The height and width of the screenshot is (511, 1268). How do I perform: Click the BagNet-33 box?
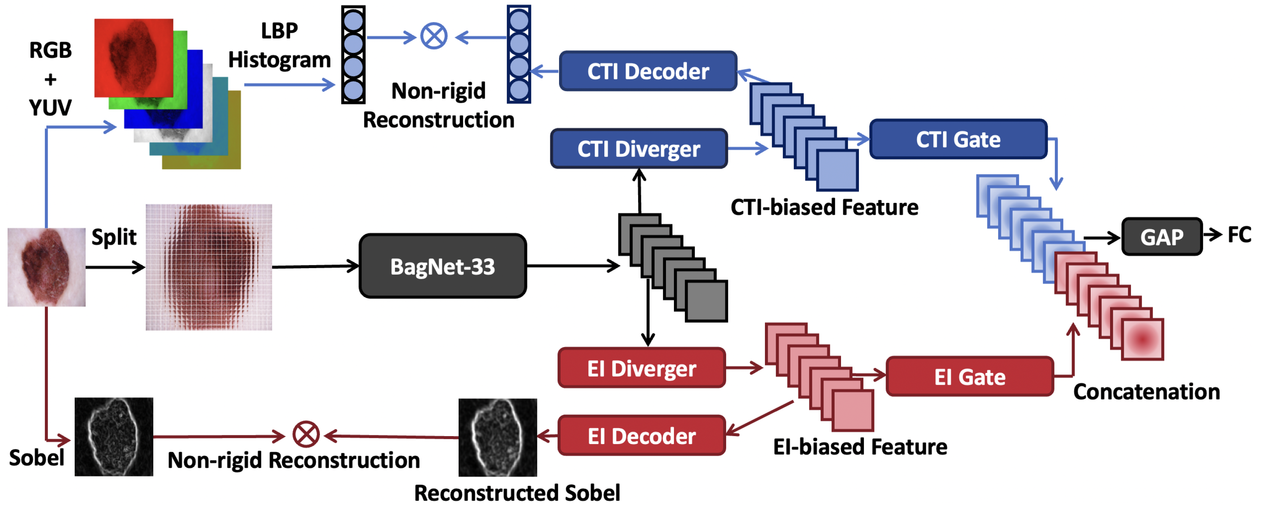[x=443, y=266]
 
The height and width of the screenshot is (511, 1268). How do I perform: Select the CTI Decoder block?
[x=648, y=71]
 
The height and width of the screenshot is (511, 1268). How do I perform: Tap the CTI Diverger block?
[x=639, y=149]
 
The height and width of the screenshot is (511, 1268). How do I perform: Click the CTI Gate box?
[x=958, y=139]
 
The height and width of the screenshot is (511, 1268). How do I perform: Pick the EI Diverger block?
[x=641, y=368]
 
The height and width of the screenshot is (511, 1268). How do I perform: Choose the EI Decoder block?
[x=641, y=436]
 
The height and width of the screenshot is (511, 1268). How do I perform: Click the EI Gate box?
[x=969, y=377]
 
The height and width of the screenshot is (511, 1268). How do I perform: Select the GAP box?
[x=1162, y=237]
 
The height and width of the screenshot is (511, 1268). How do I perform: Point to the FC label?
[x=1239, y=235]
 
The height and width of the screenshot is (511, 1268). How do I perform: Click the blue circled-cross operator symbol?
[x=434, y=36]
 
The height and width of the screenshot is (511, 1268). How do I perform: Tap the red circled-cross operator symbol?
[x=306, y=434]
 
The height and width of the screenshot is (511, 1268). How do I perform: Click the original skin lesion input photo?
[x=46, y=267]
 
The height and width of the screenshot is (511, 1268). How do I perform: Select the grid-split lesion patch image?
[x=209, y=267]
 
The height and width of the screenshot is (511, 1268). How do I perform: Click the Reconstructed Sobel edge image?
[x=498, y=437]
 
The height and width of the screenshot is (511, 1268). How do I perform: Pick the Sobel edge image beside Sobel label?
[x=114, y=437]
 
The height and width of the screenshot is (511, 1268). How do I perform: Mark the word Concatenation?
[x=1146, y=392]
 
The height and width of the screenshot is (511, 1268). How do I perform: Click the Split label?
[x=114, y=237]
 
